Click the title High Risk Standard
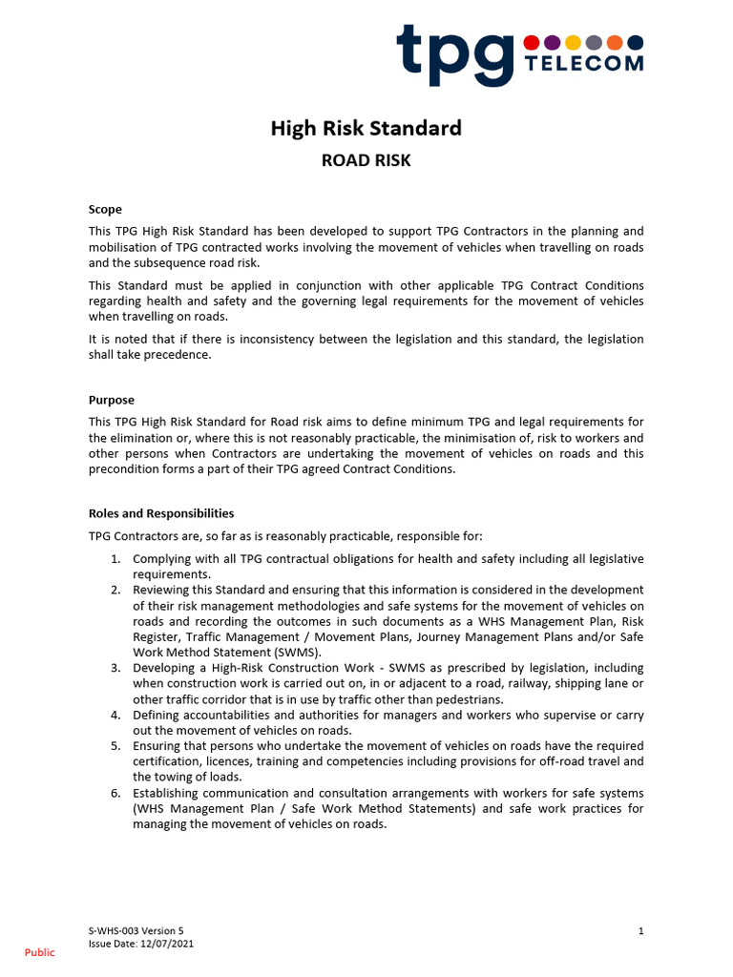click(366, 128)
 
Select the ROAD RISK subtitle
click(366, 160)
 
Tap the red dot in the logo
click(532, 42)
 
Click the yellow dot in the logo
click(573, 42)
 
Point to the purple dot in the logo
click(553, 42)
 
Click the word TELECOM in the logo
click(584, 64)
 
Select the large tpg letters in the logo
click(456, 53)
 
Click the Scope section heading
click(105, 210)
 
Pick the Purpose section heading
click(112, 401)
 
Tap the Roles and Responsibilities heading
click(161, 513)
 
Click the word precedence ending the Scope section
click(178, 356)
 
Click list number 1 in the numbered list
click(115, 559)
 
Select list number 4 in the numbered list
click(115, 715)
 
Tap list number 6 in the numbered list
click(115, 793)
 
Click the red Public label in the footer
click(40, 952)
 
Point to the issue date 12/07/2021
click(168, 942)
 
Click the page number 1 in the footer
click(640, 929)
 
